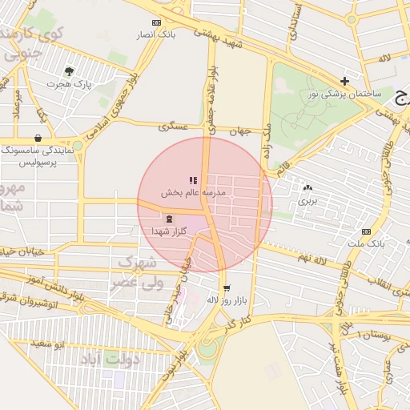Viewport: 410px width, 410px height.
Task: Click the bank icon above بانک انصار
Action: pyautogui.click(x=156, y=22)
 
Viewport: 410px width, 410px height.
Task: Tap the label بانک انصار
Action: pyautogui.click(x=156, y=35)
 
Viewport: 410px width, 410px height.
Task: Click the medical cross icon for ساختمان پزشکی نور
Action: pyautogui.click(x=344, y=81)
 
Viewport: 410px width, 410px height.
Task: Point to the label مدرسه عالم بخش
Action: pyautogui.click(x=194, y=193)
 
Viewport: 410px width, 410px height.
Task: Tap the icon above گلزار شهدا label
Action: pyautogui.click(x=169, y=218)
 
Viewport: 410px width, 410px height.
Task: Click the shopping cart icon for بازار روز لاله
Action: pyautogui.click(x=227, y=287)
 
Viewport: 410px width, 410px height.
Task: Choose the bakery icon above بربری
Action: pyautogui.click(x=307, y=187)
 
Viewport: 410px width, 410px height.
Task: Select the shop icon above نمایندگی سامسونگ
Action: pyautogui.click(x=39, y=138)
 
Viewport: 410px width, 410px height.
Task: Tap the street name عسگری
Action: pyautogui.click(x=172, y=127)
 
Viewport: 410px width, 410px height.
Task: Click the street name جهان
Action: pyautogui.click(x=242, y=131)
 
